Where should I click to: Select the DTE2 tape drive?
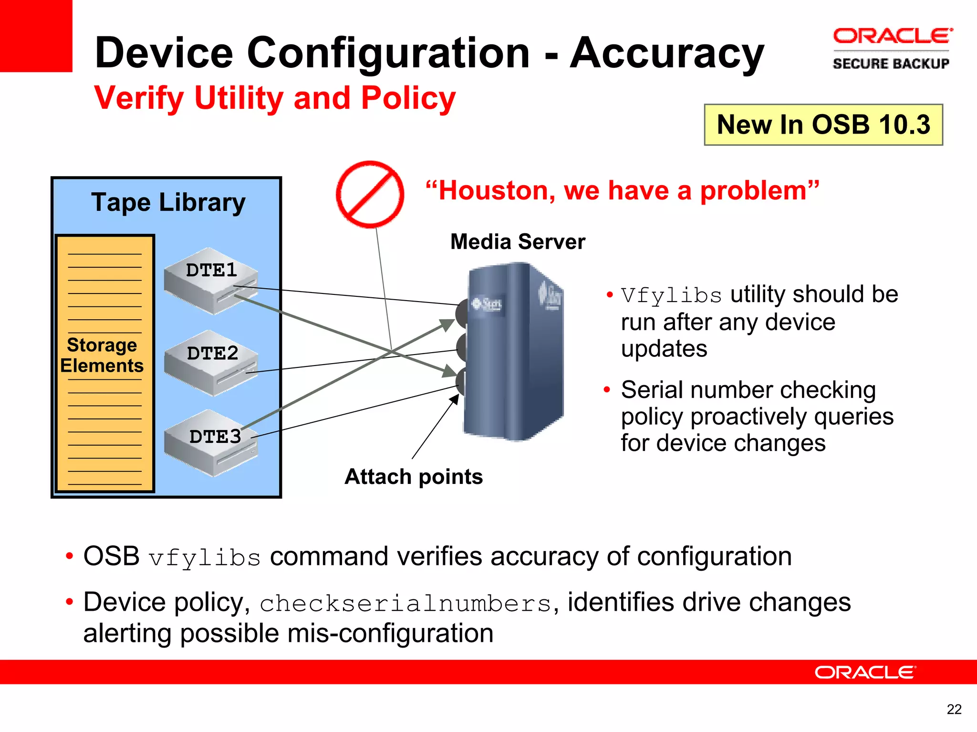pos(210,363)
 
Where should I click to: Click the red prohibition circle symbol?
pos(370,194)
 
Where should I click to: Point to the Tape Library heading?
pos(168,202)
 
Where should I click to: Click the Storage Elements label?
pos(102,355)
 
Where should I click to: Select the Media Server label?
pos(518,242)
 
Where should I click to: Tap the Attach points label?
pos(414,477)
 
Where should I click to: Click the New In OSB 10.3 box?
pos(823,125)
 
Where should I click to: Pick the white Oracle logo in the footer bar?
pos(865,672)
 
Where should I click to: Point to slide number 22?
pos(954,710)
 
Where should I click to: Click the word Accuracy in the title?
pos(667,53)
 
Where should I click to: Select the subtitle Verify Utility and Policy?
pos(275,98)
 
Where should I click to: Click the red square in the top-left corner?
pos(36,36)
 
